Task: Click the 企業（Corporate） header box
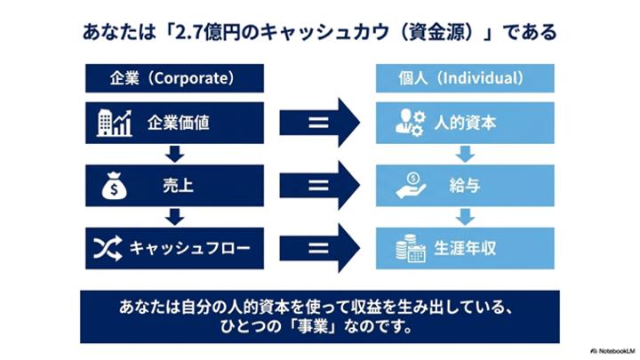(174, 78)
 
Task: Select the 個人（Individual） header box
(465, 78)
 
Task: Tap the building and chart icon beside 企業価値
(115, 123)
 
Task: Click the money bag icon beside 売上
(114, 186)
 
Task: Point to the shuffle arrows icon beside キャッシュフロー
(108, 248)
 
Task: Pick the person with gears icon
(411, 123)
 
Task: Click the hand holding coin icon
(411, 186)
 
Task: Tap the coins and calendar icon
(411, 248)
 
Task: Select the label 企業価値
(179, 123)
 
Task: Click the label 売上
(179, 186)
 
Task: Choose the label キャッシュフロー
(190, 248)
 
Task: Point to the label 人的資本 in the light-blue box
(465, 123)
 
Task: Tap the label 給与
(465, 186)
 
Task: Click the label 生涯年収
(465, 248)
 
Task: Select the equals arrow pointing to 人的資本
(320, 123)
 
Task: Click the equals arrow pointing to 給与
(320, 185)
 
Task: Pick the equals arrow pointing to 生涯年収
(320, 248)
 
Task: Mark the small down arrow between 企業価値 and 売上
(175, 155)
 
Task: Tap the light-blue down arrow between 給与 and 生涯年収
(465, 217)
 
